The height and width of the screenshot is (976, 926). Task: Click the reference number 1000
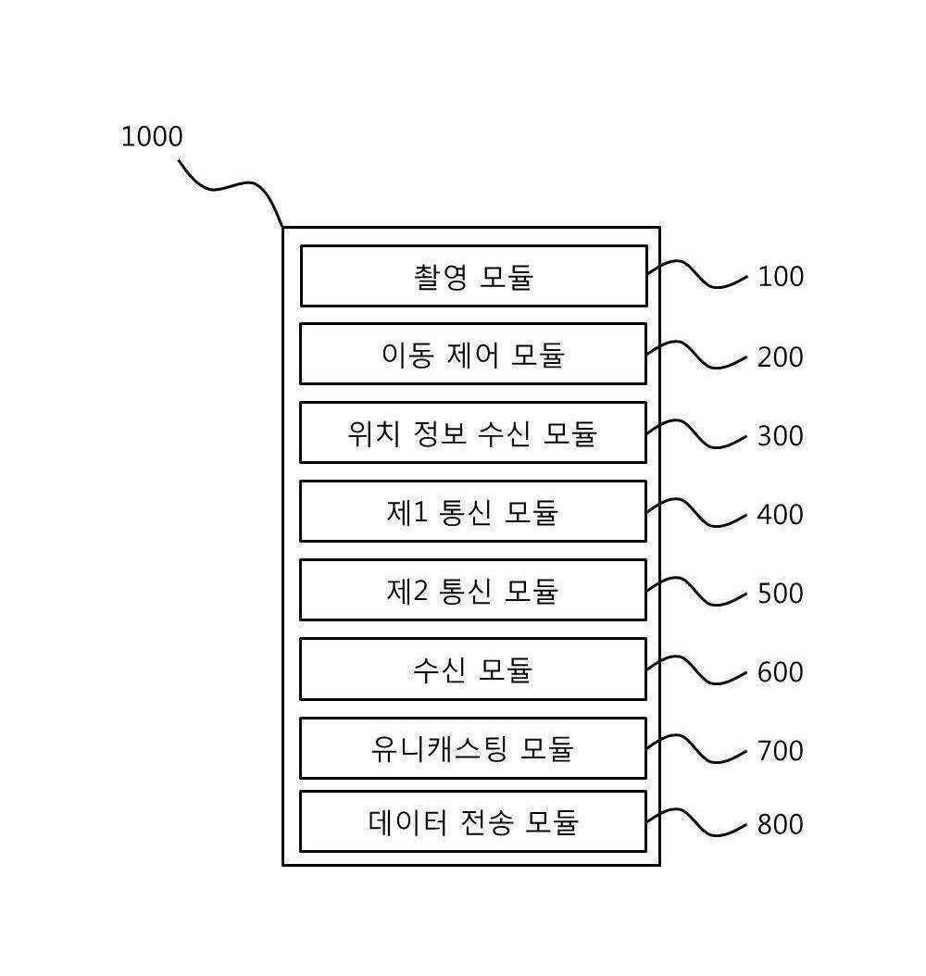[152, 137]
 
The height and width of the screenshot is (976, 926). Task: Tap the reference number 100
[781, 276]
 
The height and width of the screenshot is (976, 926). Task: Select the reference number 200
[781, 357]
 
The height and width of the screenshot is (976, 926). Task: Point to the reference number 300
[781, 436]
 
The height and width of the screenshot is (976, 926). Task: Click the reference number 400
[781, 515]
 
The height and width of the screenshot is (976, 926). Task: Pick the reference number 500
[781, 594]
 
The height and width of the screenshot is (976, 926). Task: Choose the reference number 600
[781, 672]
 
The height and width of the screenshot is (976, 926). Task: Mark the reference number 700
[781, 751]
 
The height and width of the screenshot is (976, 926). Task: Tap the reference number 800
[781, 824]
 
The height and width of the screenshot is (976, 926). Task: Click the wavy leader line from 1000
[235, 184]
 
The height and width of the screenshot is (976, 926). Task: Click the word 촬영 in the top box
[441, 276]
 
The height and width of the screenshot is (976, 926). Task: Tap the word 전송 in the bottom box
[487, 822]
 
